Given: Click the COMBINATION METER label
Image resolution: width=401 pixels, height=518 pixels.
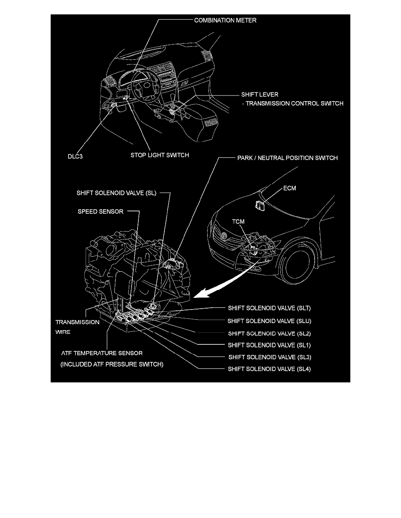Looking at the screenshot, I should pyautogui.click(x=225, y=20).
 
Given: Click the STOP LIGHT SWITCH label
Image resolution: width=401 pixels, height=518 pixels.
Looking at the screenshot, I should pyautogui.click(x=159, y=155).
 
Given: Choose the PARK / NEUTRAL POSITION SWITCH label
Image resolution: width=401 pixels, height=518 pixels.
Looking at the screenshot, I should pyautogui.click(x=287, y=158).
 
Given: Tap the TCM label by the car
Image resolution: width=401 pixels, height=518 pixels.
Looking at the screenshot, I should pyautogui.click(x=238, y=222).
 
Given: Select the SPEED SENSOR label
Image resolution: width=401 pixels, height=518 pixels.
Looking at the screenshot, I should pyautogui.click(x=100, y=211).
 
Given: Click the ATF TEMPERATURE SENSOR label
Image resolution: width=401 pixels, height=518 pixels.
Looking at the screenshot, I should pyautogui.click(x=101, y=353).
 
